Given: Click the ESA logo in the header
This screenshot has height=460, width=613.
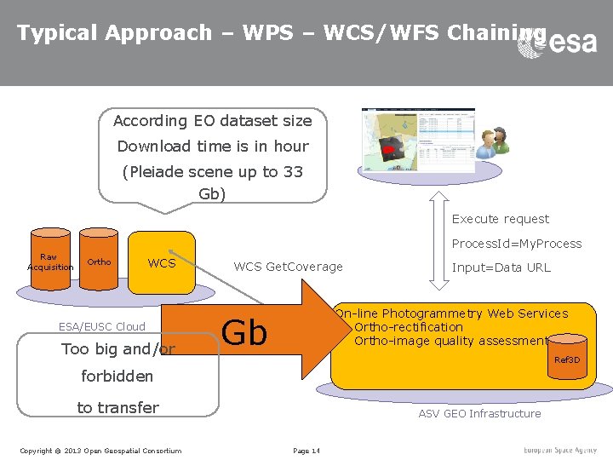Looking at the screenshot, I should pos(558,41).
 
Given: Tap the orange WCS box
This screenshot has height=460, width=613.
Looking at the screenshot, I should pos(162,262).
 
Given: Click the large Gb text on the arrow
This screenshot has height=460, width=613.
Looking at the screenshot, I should pos(244,332).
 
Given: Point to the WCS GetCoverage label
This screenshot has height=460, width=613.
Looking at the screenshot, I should pos(288,267).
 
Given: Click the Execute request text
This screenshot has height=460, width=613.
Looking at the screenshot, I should pos(500,219).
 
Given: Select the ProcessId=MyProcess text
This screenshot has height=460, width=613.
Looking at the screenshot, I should pos(516,244).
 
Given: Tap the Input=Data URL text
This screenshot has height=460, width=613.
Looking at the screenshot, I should pos(501,267).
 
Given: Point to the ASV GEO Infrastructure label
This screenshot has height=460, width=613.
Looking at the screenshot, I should pos(479,413).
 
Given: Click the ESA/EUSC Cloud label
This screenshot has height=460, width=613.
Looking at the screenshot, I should pos(101,326).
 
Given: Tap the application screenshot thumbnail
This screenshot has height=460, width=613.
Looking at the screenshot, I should pos(417,140).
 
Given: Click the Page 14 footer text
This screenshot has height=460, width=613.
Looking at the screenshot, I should pos(306,450).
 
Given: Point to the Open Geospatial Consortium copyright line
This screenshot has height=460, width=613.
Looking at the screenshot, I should pos(100,450).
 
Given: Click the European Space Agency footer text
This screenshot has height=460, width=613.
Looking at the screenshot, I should pos(560,450).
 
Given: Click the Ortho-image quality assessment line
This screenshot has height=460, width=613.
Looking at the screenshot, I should pos(450,341).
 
